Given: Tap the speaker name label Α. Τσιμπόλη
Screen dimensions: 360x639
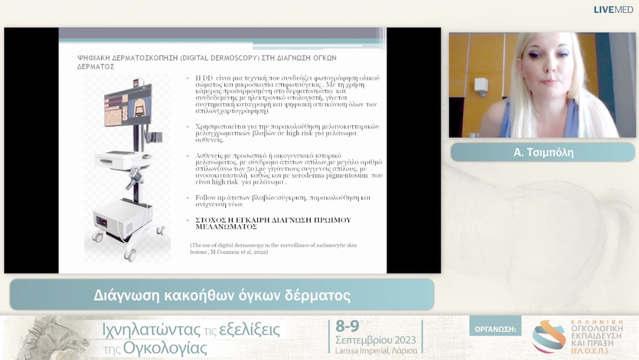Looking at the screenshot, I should (x=543, y=153).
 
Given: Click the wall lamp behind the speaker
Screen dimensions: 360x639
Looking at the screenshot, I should (x=481, y=86).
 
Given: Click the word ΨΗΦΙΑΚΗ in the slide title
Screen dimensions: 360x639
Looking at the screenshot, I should (x=98, y=58).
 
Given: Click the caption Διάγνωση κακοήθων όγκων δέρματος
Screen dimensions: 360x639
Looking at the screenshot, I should (x=222, y=295).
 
